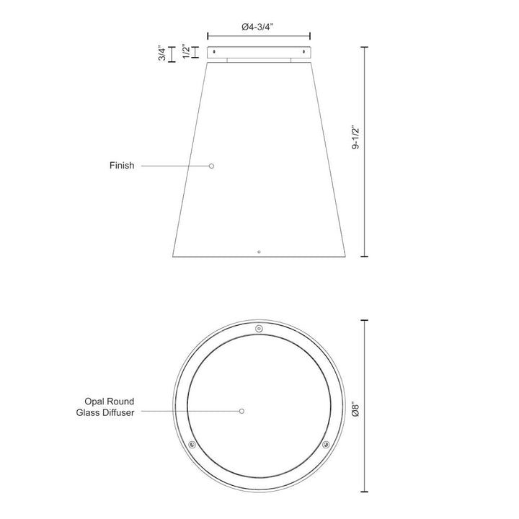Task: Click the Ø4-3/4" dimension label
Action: [258, 27]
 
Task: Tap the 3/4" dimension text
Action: [163, 54]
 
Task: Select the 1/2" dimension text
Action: [186, 52]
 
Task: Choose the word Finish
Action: [122, 166]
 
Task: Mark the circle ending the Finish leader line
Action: [212, 166]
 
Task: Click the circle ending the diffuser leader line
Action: [242, 412]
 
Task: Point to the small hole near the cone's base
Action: [259, 252]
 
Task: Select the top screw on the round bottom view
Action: [259, 329]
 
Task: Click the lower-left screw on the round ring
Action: [192, 444]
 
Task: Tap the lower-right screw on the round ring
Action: [326, 444]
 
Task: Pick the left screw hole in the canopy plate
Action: [214, 52]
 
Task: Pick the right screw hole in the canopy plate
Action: [303, 52]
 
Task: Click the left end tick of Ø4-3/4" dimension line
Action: [208, 35]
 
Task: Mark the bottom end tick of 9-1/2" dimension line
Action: [364, 257]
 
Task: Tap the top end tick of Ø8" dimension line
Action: [364, 320]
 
